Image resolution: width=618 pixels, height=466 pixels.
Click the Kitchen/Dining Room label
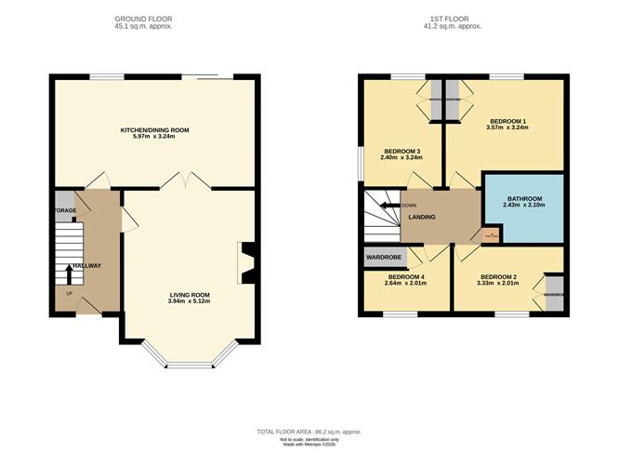pyautogui.click(x=154, y=130)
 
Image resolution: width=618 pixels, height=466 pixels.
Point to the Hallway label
pyautogui.click(x=87, y=266)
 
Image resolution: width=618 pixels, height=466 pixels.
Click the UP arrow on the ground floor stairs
pyautogui.click(x=70, y=273)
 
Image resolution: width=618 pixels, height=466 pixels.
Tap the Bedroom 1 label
pyautogui.click(x=508, y=121)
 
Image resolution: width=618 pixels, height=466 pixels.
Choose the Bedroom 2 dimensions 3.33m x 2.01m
pyautogui.click(x=498, y=285)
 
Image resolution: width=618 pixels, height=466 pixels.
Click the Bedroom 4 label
pyautogui.click(x=405, y=276)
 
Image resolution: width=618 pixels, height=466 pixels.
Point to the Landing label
pyautogui.click(x=424, y=218)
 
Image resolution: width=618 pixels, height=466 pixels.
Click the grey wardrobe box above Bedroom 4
pyautogui.click(x=383, y=256)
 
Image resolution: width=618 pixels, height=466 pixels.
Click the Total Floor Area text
pyautogui.click(x=309, y=433)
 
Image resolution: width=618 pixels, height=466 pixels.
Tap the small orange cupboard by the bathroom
pyautogui.click(x=489, y=235)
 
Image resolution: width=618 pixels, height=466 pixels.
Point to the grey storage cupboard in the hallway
pyautogui.click(x=64, y=202)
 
